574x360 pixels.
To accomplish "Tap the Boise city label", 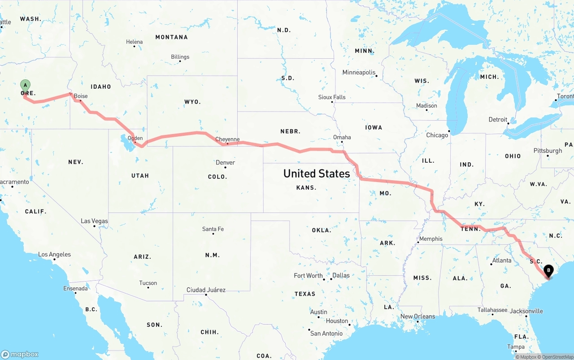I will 81,96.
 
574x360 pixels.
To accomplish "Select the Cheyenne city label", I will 227,139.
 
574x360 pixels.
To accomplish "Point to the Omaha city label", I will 342,137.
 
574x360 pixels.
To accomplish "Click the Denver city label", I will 225,162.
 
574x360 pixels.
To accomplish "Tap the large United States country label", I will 317,173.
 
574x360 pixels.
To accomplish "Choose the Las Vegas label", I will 94,221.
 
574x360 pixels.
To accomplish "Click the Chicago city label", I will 437,135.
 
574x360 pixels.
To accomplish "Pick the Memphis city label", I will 430,239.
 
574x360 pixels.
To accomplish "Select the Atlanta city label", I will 502,260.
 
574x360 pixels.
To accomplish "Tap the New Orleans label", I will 417,317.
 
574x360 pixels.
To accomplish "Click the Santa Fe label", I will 213,229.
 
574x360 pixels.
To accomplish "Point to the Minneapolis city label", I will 359,72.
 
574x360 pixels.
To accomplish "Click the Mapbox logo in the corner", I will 20,354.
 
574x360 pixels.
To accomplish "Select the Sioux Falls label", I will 332,97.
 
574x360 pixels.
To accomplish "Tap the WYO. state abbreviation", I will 192,102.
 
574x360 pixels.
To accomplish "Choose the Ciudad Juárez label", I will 206,290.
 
